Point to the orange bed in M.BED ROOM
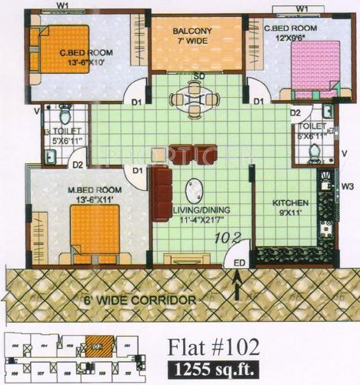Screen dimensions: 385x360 (x=96, y=232)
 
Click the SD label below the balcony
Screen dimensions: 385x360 (x=198, y=76)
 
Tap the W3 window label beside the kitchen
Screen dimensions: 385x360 (x=348, y=186)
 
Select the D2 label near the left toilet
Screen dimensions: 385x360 (x=77, y=162)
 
